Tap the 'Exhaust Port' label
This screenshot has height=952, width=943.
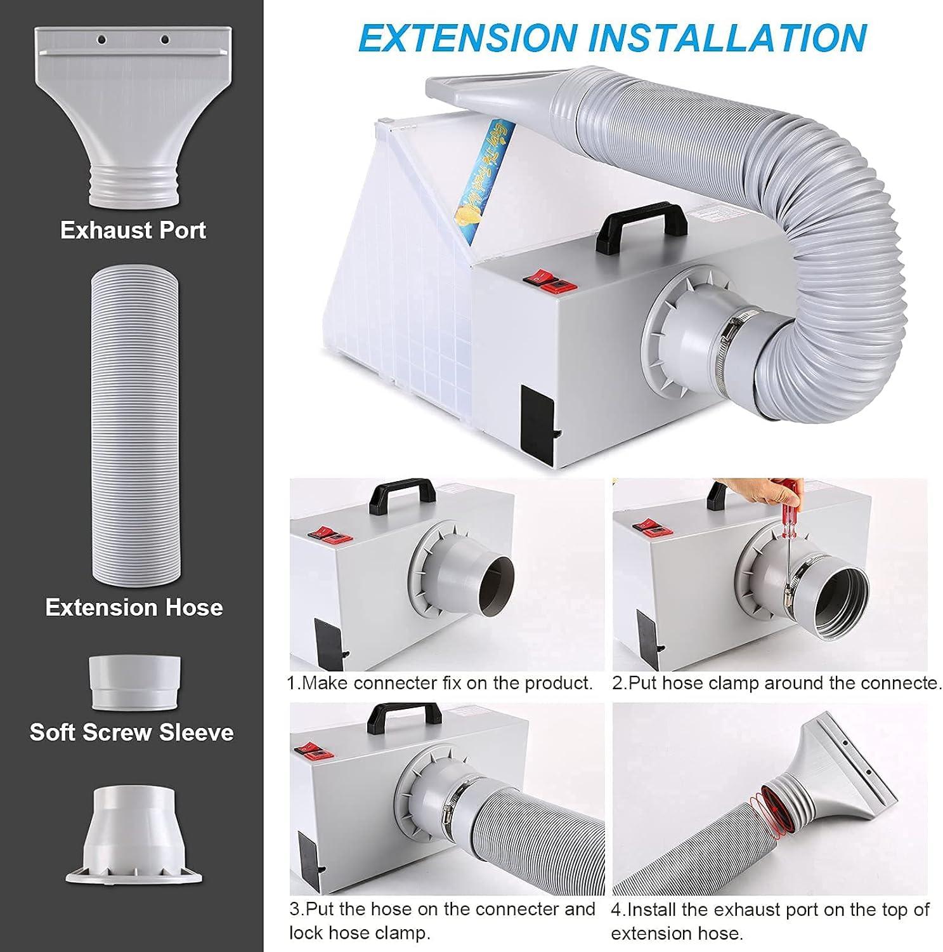coord(133,230)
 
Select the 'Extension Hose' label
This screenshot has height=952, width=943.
coord(134,607)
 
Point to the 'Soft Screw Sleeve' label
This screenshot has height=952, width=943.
coord(132,732)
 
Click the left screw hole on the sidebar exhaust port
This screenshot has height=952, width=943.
coord(101,40)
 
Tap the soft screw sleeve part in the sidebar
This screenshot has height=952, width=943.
coord(135,683)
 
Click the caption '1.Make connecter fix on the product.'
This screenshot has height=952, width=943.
coord(439,683)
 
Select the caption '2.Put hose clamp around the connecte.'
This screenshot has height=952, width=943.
coord(776,683)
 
